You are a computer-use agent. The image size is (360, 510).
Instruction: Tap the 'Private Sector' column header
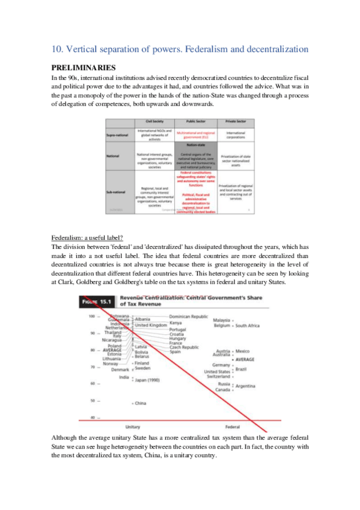tap(236, 121)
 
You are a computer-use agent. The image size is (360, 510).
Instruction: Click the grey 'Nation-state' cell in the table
tap(195, 144)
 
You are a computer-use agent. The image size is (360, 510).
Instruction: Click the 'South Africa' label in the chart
tap(248, 326)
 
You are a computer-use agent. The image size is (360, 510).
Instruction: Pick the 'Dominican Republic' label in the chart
tap(188, 316)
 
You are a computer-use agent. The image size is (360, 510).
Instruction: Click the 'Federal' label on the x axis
tap(233, 426)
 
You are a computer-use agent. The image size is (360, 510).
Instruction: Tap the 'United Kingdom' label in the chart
tap(150, 325)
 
